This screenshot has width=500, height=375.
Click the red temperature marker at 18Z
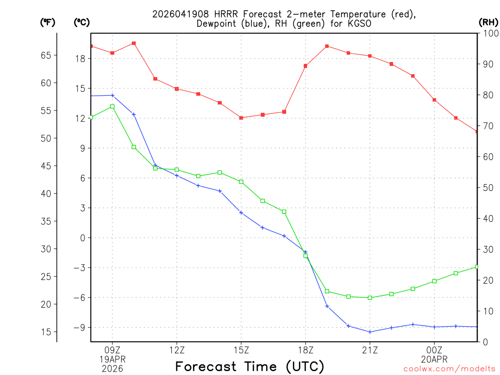coord(306,66)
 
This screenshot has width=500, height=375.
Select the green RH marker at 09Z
coord(112,106)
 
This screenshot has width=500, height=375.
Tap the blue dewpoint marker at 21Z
coord(370,332)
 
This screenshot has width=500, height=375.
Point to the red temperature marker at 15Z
coord(241,118)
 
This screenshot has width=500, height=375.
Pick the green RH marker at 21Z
coord(370,298)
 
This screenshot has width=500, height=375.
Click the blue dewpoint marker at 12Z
coord(177,175)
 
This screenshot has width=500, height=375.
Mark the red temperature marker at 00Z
coord(435,100)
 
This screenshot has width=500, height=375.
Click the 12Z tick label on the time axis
coord(177,350)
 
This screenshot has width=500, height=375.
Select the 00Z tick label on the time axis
coord(435,350)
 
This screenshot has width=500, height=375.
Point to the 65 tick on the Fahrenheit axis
coord(45,55)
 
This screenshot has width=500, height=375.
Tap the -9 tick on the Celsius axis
coord(79,327)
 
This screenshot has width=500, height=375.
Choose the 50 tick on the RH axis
coord(487,187)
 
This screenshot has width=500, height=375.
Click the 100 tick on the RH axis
coord(490,33)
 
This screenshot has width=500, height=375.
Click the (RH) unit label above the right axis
coord(488,22)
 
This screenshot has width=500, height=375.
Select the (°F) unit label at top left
coord(47,22)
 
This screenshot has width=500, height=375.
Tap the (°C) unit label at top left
coord(81,22)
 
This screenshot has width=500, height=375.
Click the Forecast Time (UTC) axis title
coord(250,366)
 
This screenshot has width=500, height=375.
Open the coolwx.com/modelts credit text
coord(449,369)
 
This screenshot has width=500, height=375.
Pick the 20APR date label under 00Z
coord(435,359)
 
